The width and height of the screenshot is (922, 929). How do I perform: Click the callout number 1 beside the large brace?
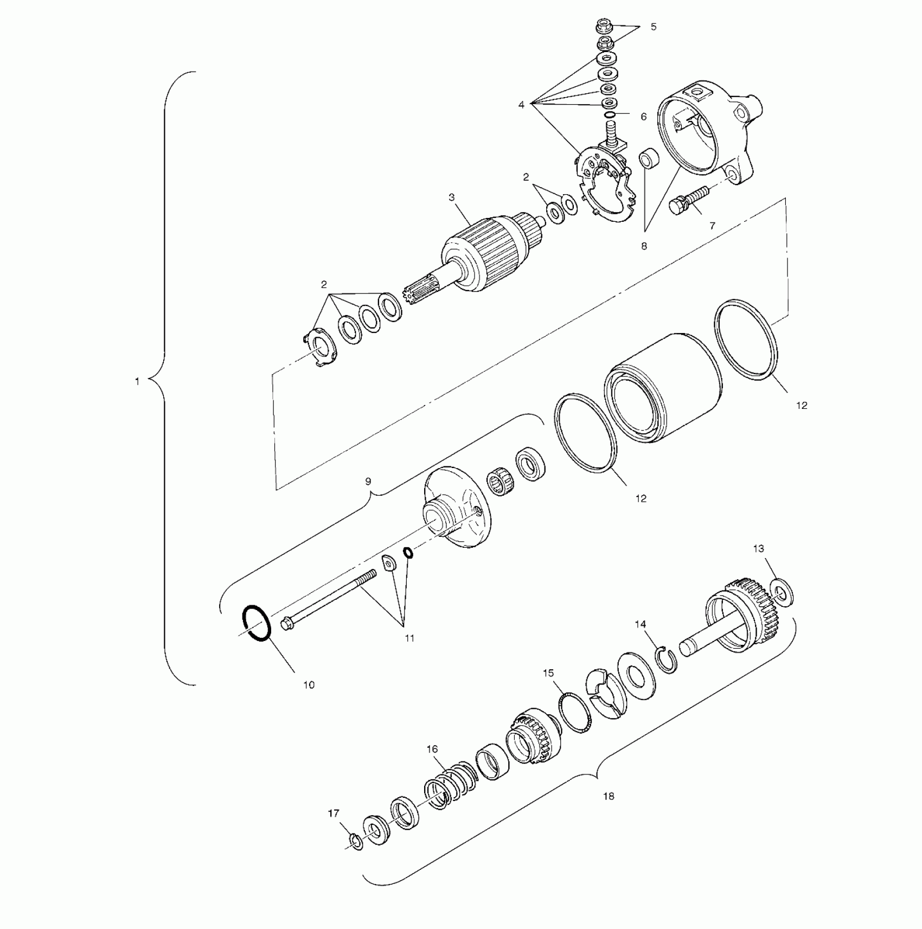click(137, 382)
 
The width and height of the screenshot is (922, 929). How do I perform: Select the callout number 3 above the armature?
click(452, 197)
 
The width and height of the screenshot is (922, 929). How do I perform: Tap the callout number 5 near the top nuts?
click(654, 27)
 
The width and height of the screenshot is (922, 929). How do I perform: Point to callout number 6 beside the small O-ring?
click(644, 117)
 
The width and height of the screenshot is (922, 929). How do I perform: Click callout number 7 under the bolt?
click(713, 226)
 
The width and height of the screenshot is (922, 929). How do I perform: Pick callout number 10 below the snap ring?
click(309, 685)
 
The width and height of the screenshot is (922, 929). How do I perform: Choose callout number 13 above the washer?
click(759, 548)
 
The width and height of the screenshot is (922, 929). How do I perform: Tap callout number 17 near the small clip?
click(334, 813)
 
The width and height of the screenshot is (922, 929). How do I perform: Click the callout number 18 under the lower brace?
click(609, 796)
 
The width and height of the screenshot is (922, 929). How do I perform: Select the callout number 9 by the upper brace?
click(368, 481)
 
